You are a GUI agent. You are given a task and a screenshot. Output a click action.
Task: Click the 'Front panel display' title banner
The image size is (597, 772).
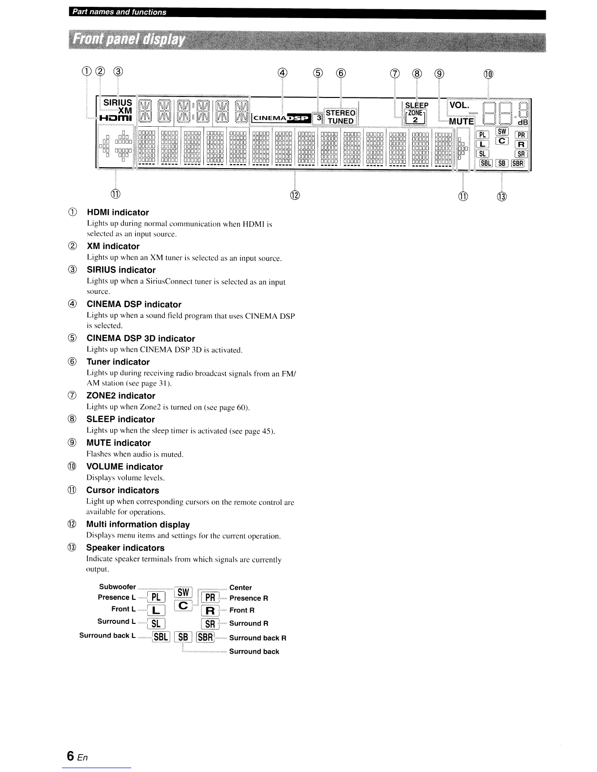pos(307,41)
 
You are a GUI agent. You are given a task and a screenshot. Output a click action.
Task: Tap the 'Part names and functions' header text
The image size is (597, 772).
pos(119,12)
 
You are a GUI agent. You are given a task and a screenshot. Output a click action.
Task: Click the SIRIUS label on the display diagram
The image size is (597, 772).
pos(118,103)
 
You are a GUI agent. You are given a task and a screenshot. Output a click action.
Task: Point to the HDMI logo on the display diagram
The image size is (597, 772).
pos(116,118)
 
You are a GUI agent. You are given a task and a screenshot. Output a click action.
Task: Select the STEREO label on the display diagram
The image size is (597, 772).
pos(340,113)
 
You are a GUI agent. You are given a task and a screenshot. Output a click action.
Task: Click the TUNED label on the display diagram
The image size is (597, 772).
pos(340,121)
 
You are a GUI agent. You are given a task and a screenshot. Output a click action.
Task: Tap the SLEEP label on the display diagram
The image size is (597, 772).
pos(417,105)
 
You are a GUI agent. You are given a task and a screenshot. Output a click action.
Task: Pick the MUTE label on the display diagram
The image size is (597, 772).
pos(461,121)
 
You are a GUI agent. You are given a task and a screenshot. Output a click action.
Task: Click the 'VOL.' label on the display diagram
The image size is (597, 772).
pos(459,105)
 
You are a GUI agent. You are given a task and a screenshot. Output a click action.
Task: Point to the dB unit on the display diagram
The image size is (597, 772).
pos(522,122)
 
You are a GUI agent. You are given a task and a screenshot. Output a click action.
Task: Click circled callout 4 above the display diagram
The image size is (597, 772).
pos(282,73)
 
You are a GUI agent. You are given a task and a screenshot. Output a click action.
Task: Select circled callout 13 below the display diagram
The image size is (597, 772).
pos(501,196)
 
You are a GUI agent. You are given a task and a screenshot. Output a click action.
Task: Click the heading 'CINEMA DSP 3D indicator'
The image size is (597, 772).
pos(141,339)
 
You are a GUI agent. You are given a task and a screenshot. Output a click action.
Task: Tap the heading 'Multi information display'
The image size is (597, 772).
pos(138,524)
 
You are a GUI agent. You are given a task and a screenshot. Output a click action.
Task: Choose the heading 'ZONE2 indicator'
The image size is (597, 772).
pos(121,396)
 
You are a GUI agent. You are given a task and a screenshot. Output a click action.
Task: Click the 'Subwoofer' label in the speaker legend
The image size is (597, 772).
pos(118,586)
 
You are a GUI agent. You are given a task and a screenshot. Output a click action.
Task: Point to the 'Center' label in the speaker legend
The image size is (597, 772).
pos(241,588)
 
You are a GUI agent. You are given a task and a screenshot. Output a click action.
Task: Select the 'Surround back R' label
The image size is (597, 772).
pos(258,637)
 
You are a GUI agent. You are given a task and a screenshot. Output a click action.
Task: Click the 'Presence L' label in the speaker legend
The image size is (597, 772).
pos(117,597)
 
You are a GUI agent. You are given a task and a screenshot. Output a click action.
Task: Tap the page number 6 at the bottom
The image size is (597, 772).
pos(70,756)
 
